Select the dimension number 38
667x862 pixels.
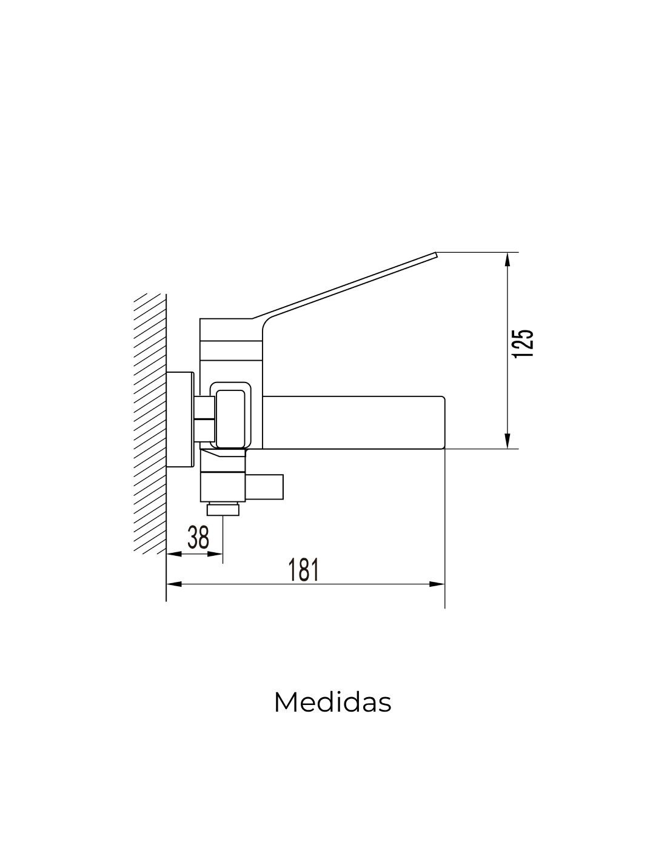tap(198, 538)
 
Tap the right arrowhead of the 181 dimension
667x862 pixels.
tap(437, 584)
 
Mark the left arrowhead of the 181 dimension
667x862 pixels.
tap(174, 584)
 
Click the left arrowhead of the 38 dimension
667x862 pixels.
tap(174, 554)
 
